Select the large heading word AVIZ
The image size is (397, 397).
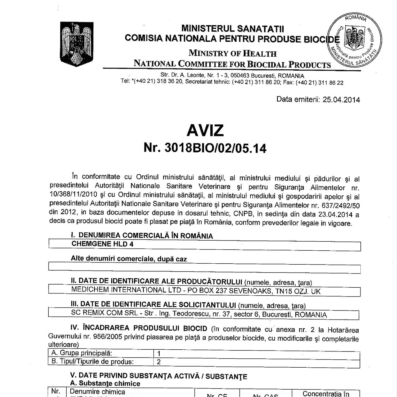205,130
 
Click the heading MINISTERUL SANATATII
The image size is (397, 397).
232,29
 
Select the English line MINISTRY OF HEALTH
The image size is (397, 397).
232,53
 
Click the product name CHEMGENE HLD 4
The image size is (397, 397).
102,244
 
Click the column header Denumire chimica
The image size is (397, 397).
98,391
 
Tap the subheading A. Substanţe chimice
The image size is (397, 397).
105,384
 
